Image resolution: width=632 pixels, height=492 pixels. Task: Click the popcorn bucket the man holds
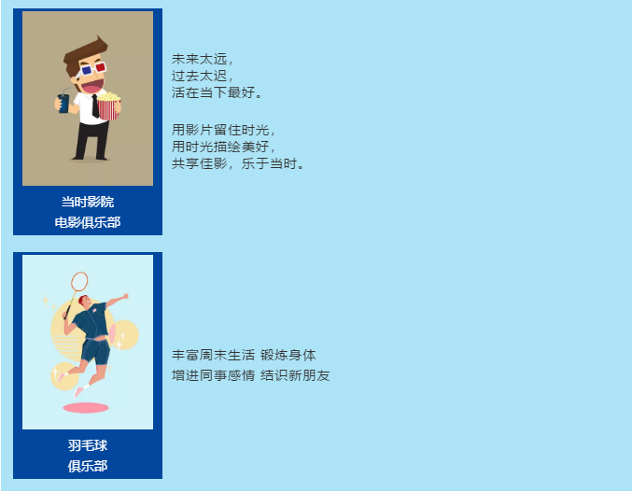pos(109,106)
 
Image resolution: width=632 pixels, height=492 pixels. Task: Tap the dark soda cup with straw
pos(63,102)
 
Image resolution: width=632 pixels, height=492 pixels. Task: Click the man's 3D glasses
pos(94,69)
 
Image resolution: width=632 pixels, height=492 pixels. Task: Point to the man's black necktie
pos(95,106)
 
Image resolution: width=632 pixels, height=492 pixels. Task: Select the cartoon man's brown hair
pos(84,56)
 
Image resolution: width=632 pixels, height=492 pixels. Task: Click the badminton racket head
pos(79,281)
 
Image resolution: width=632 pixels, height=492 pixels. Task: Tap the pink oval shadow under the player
pos(86,408)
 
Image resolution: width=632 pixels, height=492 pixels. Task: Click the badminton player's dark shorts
pos(95,352)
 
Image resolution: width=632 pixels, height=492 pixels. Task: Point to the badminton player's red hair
pos(83,300)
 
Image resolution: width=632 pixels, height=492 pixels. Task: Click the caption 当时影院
pos(88,202)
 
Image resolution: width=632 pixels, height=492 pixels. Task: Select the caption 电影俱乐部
pos(88,222)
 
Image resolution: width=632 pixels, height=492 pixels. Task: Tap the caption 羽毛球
pos(88,445)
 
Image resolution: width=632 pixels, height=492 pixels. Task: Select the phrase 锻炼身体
pos(288,355)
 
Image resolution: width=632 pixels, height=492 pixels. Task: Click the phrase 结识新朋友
pos(295,375)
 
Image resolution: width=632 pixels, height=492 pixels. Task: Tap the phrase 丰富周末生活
pos(213,355)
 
